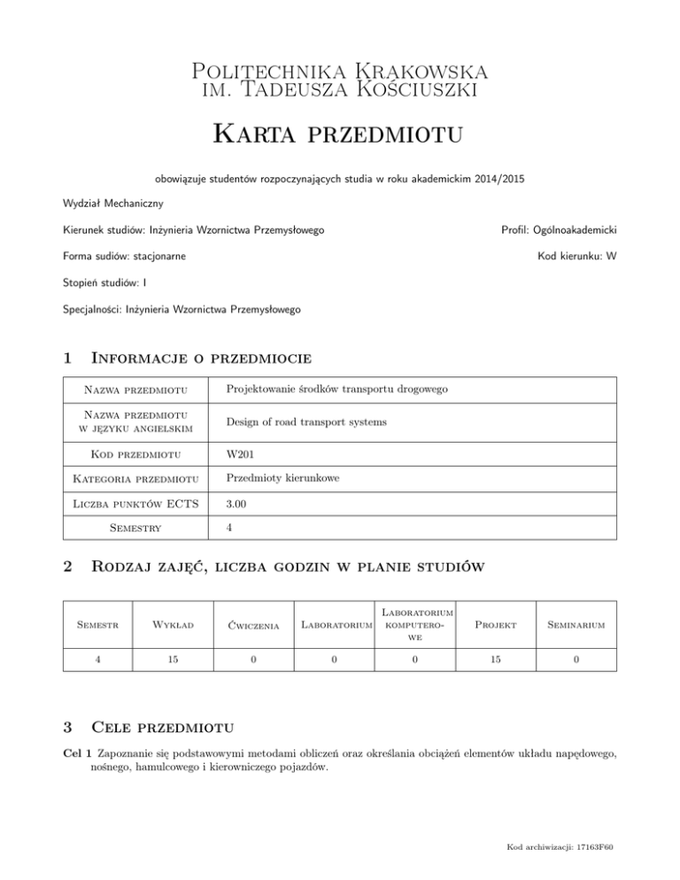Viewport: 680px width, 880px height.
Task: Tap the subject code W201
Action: click(242, 454)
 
